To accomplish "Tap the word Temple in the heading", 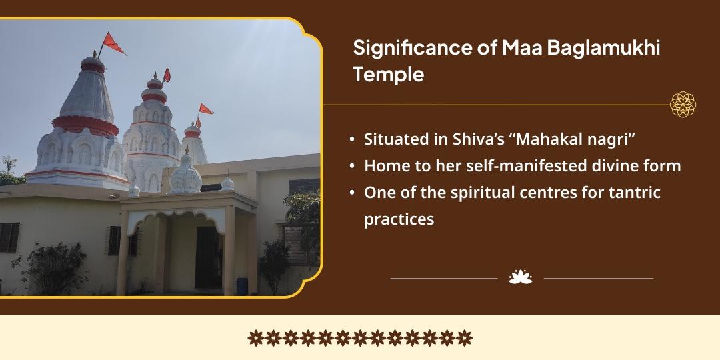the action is click(389, 75).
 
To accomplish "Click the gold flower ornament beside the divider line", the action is click(683, 104).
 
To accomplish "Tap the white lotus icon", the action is click(521, 277).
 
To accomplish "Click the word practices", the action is click(399, 219).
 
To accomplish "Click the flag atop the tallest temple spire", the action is click(113, 43).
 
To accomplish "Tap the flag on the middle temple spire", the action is click(166, 75).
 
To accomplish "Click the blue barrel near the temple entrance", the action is click(242, 286).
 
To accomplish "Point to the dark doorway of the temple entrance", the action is click(207, 257).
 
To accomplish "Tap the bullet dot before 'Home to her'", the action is click(352, 166).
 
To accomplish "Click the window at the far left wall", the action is click(9, 237).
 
